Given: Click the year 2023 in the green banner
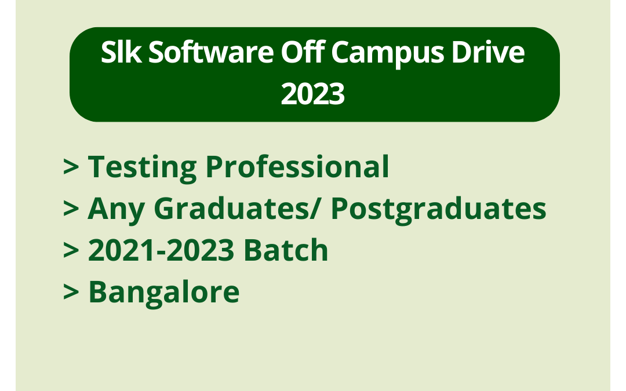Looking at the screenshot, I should coord(313,94).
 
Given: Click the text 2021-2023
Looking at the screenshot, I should coord(161,250).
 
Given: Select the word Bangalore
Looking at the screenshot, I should coord(163,293).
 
